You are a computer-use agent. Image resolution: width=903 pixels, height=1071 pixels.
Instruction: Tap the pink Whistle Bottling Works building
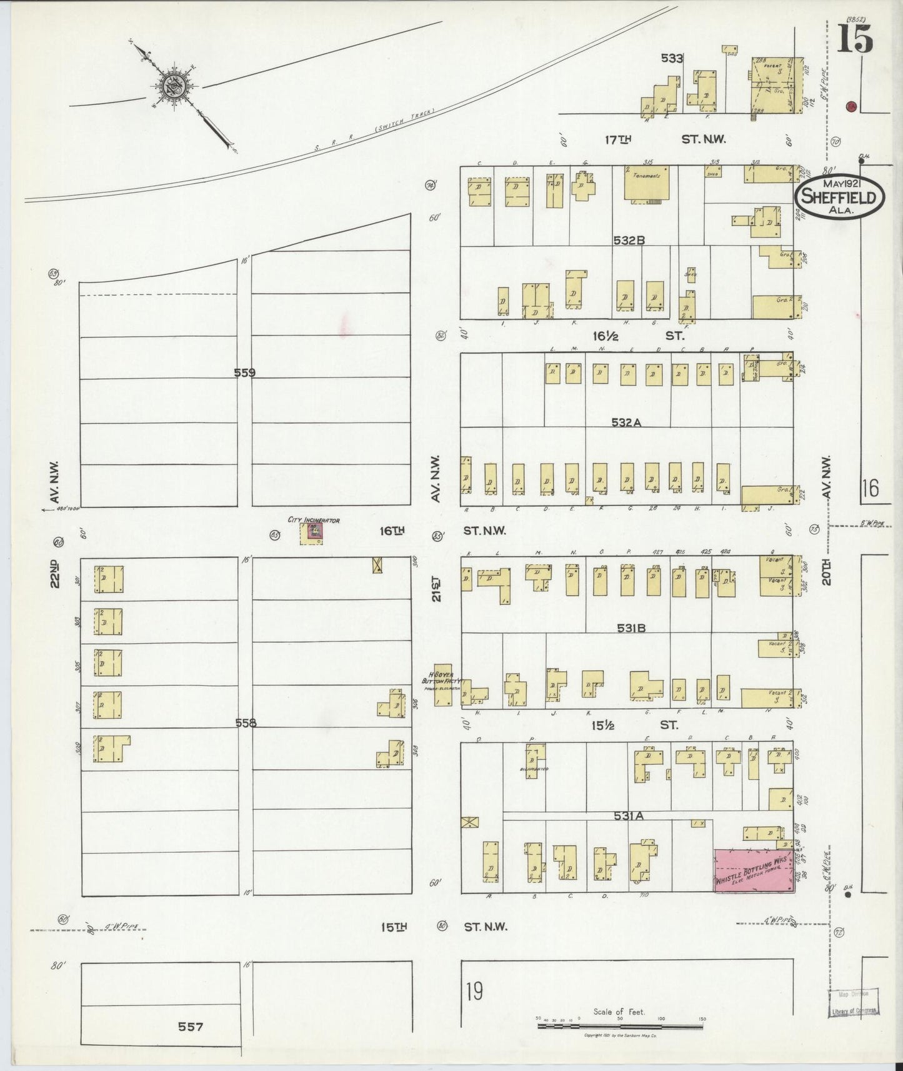click(753, 870)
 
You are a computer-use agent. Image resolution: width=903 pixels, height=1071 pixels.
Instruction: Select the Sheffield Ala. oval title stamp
click(839, 198)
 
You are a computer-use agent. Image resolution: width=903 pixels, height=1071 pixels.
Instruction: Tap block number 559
click(244, 373)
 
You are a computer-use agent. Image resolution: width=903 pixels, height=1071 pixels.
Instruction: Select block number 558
click(246, 723)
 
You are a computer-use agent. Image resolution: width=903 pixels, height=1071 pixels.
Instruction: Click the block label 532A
click(626, 422)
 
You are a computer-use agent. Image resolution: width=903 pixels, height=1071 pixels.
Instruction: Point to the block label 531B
click(631, 629)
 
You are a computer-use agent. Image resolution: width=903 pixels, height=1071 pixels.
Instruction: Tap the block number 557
click(191, 1026)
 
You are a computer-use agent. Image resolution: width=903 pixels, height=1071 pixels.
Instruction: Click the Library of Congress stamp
click(854, 1005)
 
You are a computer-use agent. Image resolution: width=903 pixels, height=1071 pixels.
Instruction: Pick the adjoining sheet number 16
click(869, 487)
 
